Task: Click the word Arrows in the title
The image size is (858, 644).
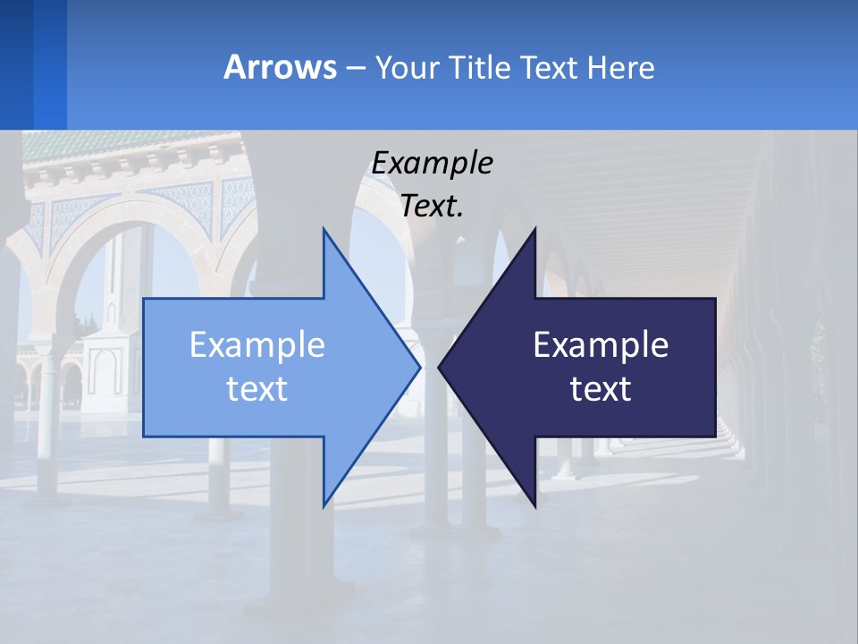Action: click(x=280, y=67)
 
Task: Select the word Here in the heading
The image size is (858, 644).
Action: click(x=621, y=67)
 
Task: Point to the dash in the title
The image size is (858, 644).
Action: click(x=355, y=68)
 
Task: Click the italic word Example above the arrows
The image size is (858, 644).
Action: click(x=432, y=164)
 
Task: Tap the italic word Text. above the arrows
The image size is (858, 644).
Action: click(x=432, y=206)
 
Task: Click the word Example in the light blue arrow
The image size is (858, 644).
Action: click(x=257, y=344)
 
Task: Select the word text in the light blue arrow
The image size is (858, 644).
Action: click(x=257, y=388)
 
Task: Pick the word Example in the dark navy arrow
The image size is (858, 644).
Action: click(x=601, y=344)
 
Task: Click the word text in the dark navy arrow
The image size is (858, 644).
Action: click(x=601, y=388)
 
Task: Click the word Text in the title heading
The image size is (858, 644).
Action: click(x=550, y=67)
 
